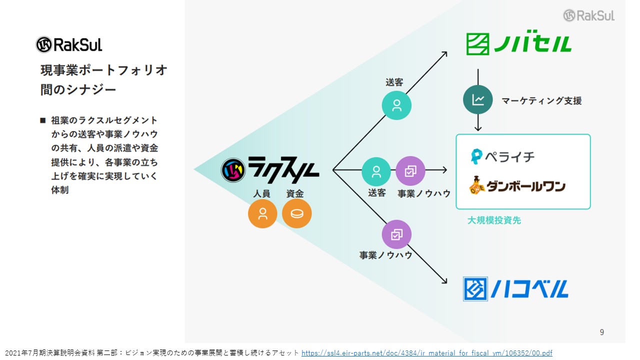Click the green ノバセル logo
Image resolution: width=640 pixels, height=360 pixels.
pyautogui.click(x=518, y=43)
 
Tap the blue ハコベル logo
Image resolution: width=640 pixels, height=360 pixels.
pyautogui.click(x=515, y=289)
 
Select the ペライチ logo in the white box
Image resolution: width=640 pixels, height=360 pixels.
pyautogui.click(x=502, y=156)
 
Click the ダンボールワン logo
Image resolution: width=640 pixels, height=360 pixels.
pyautogui.click(x=517, y=185)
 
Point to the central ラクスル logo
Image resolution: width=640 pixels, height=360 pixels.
pyautogui.click(x=270, y=169)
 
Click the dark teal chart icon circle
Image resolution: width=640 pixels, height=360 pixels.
pyautogui.click(x=477, y=99)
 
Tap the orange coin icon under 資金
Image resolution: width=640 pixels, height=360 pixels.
pyautogui.click(x=296, y=213)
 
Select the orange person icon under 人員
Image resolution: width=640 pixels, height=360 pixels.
pyautogui.click(x=262, y=213)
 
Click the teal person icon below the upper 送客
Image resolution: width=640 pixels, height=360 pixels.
pyautogui.click(x=396, y=105)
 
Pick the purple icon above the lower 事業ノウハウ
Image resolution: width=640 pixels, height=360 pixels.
pyautogui.click(x=396, y=234)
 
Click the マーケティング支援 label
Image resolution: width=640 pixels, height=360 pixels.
pyautogui.click(x=541, y=100)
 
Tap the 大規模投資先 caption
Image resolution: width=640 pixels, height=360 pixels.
pyautogui.click(x=494, y=220)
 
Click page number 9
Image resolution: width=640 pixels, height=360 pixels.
pyautogui.click(x=601, y=332)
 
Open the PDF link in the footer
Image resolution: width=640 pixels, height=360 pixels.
pyautogui.click(x=426, y=353)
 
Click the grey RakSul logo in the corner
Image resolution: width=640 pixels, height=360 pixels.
pyautogui.click(x=589, y=15)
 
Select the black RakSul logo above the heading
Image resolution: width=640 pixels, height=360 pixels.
pyautogui.click(x=69, y=44)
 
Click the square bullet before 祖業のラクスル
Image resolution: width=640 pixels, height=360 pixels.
pyautogui.click(x=43, y=120)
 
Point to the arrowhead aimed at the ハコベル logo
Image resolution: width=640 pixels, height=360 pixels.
pyautogui.click(x=445, y=281)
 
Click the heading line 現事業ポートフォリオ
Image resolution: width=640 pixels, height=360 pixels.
pyautogui.click(x=103, y=70)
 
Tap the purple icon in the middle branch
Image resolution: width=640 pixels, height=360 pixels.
pyautogui.click(x=410, y=171)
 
